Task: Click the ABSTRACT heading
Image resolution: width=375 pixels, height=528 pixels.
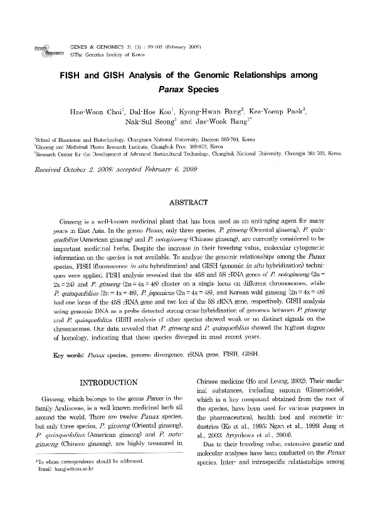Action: click(x=187, y=203)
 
